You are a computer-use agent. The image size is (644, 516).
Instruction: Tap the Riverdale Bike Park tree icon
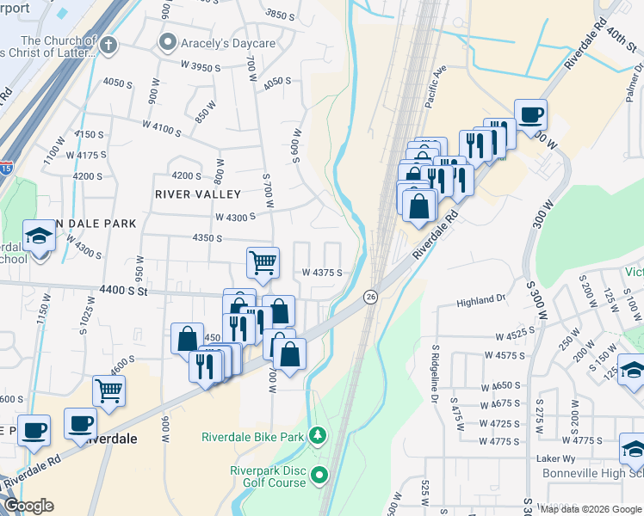318,437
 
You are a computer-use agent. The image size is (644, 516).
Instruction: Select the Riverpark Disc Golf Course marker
320,474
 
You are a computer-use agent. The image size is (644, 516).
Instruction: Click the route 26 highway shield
370,296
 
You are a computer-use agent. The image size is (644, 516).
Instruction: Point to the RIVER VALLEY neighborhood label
198,194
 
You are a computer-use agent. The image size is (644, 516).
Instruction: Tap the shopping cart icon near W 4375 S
263,262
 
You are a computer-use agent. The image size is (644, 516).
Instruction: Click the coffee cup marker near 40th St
530,114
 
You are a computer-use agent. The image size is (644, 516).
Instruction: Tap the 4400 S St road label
125,292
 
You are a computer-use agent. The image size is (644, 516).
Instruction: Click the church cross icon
108,46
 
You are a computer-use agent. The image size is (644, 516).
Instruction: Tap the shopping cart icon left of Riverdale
109,390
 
